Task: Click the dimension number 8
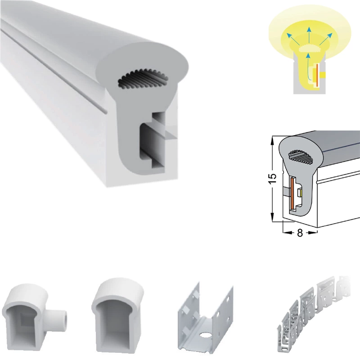(x=300, y=233)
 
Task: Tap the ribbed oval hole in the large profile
(x=143, y=79)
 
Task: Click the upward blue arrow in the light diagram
(x=309, y=36)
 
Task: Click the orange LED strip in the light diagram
(x=317, y=75)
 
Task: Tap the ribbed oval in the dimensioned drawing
(x=301, y=157)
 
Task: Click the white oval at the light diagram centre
(x=309, y=49)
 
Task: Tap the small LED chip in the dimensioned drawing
(x=299, y=193)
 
